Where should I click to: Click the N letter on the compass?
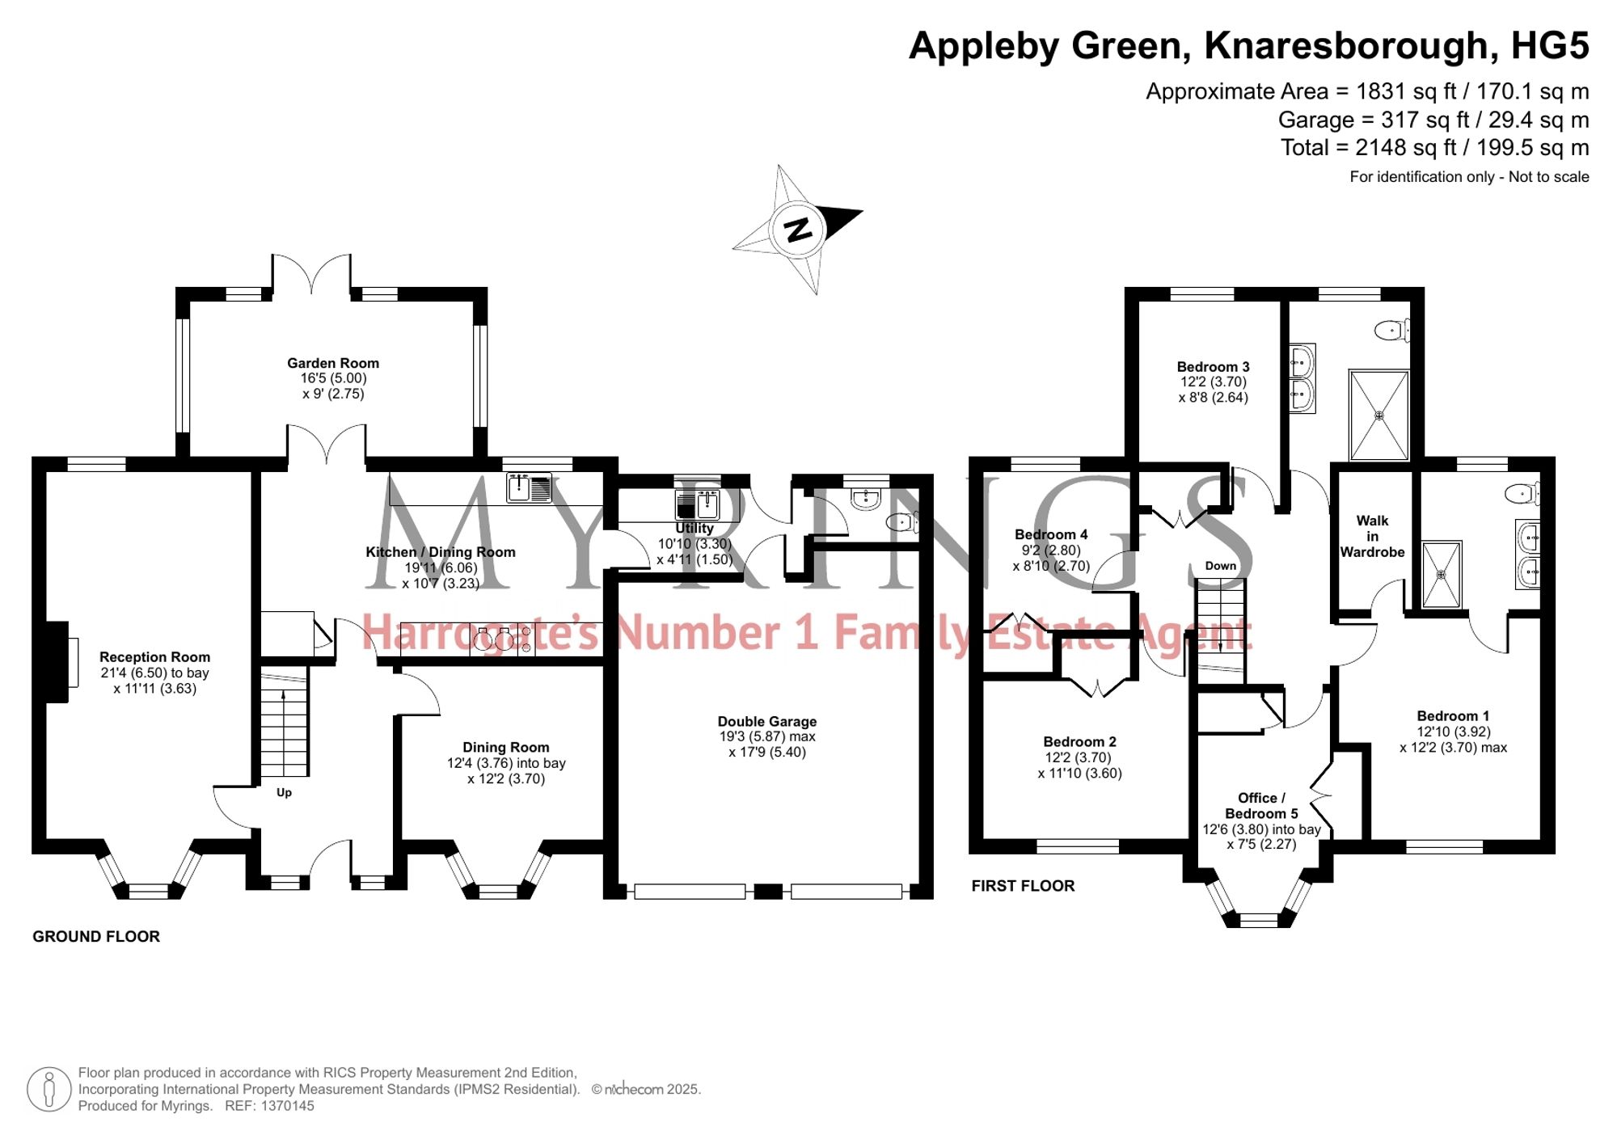click(799, 230)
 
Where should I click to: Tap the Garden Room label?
click(333, 363)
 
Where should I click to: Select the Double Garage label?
click(767, 721)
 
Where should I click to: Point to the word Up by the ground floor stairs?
click(284, 792)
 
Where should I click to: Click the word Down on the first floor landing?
click(1221, 566)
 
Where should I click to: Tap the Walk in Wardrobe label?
click(1372, 536)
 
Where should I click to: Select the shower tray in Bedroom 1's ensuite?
click(1442, 575)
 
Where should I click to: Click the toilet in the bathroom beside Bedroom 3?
click(1392, 330)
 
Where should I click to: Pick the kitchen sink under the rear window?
click(529, 487)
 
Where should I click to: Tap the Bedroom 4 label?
click(1051, 534)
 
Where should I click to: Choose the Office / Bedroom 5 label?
click(1261, 805)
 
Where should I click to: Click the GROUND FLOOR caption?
click(96, 936)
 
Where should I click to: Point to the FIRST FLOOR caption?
click(1023, 886)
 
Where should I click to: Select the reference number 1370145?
click(287, 1106)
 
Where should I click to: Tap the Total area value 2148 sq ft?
click(1412, 148)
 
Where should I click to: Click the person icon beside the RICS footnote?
click(49, 1089)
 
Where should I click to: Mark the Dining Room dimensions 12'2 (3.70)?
click(506, 778)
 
